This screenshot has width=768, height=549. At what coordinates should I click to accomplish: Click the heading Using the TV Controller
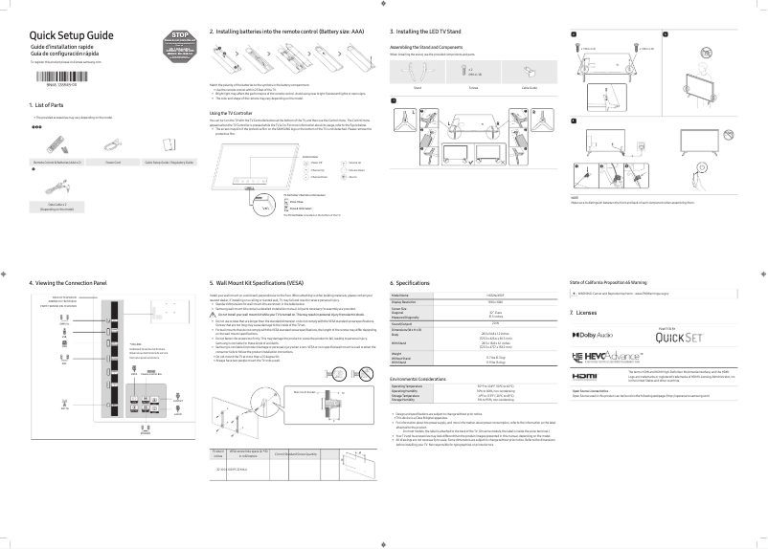pyautogui.click(x=233, y=112)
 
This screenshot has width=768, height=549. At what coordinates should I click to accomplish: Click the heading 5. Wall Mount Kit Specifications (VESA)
pyautogui.click(x=272, y=283)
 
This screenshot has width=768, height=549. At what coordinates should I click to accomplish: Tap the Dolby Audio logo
pyautogui.click(x=597, y=336)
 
